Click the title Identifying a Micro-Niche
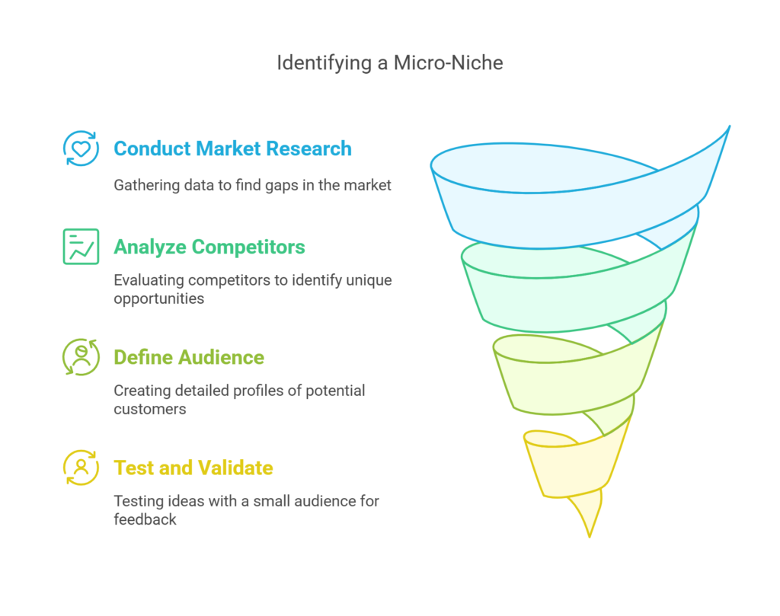(389, 62)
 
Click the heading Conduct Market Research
(232, 148)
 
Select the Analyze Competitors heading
(209, 247)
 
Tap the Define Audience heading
(189, 357)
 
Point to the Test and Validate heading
(193, 468)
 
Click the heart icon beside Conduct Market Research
(81, 148)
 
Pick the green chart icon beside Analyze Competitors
(81, 247)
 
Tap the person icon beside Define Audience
(81, 357)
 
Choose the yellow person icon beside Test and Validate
(81, 468)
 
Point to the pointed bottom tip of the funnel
(590, 535)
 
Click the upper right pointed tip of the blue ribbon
(729, 127)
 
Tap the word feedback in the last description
(145, 519)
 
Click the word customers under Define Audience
(149, 409)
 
